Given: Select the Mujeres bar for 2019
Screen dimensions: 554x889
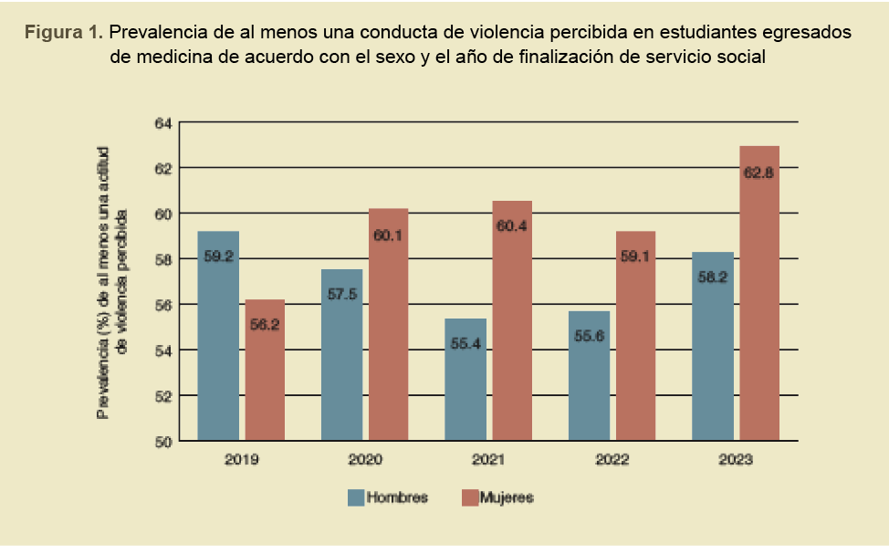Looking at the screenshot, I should coord(264,370).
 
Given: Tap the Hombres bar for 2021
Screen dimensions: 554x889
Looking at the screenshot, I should coord(465,380).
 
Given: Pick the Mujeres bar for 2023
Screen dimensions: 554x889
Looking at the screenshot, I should coord(758,293).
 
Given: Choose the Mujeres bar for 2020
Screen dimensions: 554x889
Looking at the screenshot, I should coord(388,324).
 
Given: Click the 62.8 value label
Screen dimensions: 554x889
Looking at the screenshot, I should coord(758,173).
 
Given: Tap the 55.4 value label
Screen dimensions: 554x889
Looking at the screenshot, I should coord(465,342).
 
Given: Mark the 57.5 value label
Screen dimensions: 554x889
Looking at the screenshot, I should coord(342,294).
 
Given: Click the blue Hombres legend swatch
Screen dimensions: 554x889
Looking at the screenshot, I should coord(355,497).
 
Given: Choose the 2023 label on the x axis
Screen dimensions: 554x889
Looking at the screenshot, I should coord(736,460).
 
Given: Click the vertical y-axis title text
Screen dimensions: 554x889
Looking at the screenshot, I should coord(113,282).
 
